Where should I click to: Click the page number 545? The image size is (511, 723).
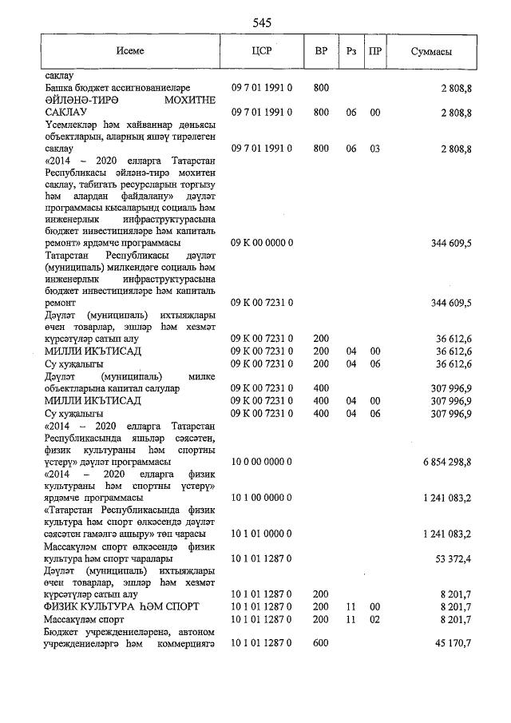click(x=262, y=23)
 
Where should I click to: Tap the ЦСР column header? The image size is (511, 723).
click(x=262, y=51)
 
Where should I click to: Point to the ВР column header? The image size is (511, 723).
click(x=321, y=51)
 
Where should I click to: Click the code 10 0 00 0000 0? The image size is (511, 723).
click(x=262, y=463)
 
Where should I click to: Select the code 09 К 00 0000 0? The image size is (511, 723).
click(x=262, y=241)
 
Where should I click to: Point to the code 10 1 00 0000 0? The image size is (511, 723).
click(x=262, y=497)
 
